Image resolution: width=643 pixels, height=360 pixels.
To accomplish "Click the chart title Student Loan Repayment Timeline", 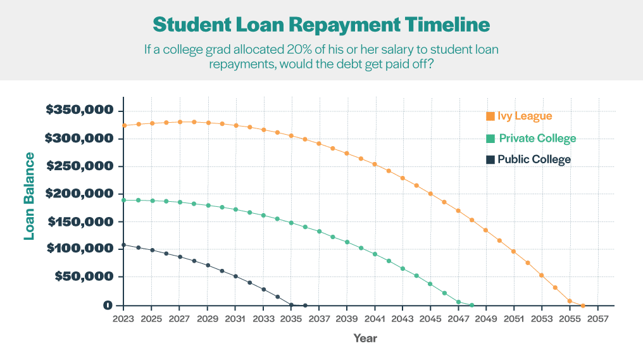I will click(321, 24).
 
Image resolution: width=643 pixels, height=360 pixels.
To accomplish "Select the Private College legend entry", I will click(537, 139).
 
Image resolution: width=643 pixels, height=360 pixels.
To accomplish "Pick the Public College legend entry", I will click(534, 159).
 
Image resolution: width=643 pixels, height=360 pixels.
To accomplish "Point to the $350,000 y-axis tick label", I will click(80, 110).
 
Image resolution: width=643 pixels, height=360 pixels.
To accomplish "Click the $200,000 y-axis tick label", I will click(80, 194).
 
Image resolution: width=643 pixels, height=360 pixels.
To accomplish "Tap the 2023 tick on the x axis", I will click(123, 318).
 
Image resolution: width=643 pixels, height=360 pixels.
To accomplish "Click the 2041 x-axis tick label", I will click(375, 318).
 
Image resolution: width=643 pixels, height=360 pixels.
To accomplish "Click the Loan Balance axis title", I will click(28, 196).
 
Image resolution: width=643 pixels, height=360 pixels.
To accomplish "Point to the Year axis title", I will click(365, 338).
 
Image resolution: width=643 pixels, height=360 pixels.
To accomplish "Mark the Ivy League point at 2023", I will click(124, 125).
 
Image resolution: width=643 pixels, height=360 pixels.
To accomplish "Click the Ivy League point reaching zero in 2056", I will click(583, 305).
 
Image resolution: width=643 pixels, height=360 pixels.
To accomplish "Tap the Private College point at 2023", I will click(124, 200).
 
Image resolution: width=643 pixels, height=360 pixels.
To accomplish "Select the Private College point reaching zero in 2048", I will click(472, 305).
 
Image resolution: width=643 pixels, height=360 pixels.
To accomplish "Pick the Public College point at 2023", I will click(124, 245).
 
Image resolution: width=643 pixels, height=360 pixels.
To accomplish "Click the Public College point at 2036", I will click(305, 305).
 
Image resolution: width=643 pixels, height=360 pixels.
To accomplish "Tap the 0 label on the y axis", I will click(109, 305).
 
